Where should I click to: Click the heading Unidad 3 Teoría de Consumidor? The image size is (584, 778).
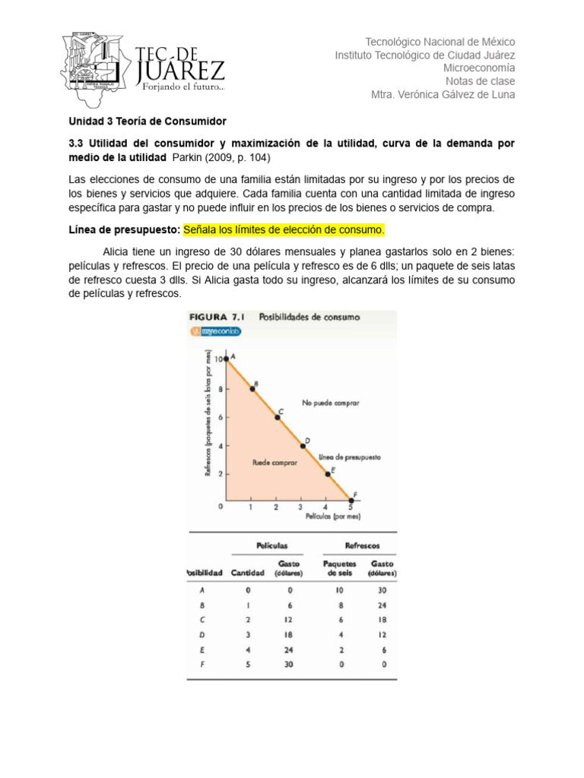coord(148,122)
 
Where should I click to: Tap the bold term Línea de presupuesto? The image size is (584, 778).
coord(124,229)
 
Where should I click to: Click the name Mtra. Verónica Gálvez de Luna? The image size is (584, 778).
coord(442,95)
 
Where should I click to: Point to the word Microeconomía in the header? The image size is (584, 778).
coord(478,68)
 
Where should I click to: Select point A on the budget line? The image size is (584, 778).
coord(226,359)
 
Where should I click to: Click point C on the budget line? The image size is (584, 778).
coord(277,417)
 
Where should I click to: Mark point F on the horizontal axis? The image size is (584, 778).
coord(351,500)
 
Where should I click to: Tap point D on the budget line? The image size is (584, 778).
coord(303,445)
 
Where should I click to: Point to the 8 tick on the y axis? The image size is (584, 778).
coord(221,389)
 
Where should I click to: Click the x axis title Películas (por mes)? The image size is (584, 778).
coord(332,515)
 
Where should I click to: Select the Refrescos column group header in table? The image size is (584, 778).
coord(363,546)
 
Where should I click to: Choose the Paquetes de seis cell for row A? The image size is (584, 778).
coord(339,590)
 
